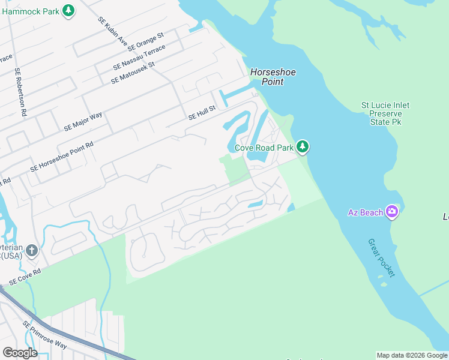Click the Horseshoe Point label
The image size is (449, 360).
[274, 77]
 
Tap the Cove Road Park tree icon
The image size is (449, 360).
[303, 146]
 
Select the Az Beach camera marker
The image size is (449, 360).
[393, 211]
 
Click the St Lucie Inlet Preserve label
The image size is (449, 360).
[385, 113]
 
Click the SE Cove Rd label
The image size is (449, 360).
[25, 276]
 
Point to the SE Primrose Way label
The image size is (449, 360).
[44, 335]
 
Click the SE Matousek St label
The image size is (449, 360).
[133, 72]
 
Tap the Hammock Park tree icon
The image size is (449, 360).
[69, 10]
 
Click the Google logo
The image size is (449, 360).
[20, 353]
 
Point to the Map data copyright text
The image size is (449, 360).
[411, 355]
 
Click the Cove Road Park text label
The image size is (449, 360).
[264, 147]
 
